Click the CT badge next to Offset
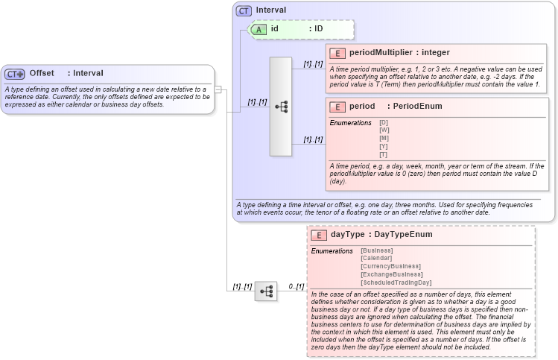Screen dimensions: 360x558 tap(15, 74)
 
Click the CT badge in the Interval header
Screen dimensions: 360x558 tap(244, 10)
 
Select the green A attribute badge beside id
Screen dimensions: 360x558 tap(259, 29)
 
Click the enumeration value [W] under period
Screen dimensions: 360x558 tap(384, 130)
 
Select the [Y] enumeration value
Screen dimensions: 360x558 tap(384, 146)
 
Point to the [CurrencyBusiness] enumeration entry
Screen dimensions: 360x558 tap(390, 266)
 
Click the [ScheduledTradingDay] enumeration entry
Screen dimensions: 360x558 tap(396, 282)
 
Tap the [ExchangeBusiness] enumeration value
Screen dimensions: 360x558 tap(392, 274)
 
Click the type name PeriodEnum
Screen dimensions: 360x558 tap(417, 107)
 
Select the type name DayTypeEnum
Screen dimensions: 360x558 tap(403, 235)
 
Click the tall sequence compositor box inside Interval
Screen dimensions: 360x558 tap(281, 107)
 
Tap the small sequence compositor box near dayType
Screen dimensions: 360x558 tap(265, 291)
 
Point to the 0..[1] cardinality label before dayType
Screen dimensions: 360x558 tap(296, 286)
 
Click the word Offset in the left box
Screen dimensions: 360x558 tap(42, 73)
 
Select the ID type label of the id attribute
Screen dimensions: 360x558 tap(317, 29)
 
